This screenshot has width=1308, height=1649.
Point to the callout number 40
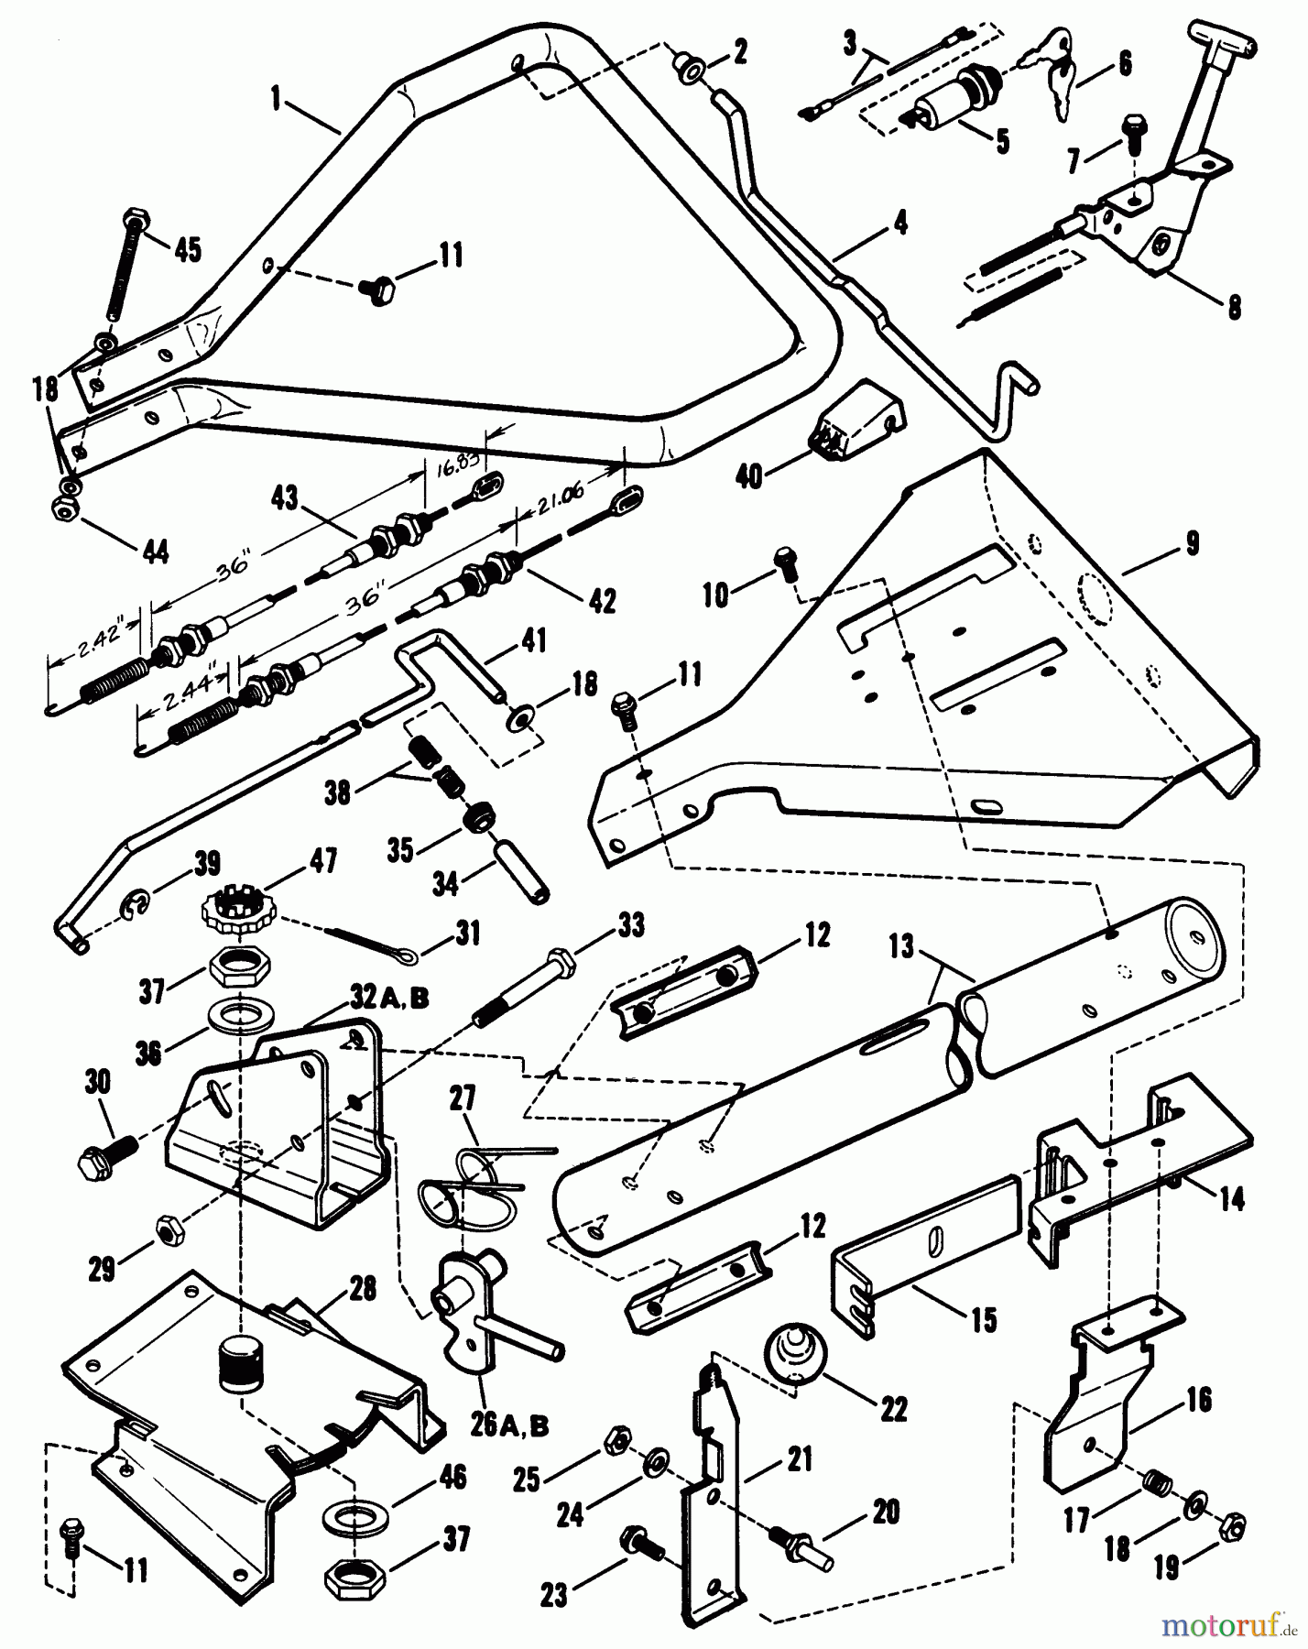point(749,476)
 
